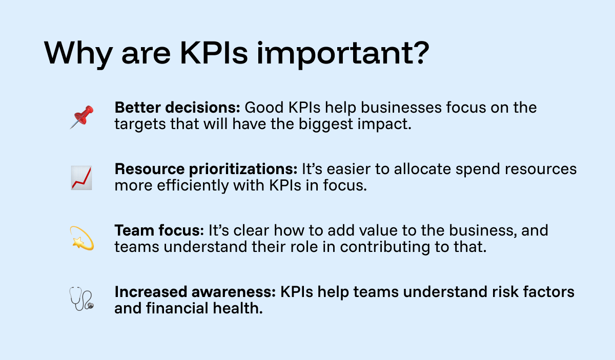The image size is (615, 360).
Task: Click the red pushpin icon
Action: pyautogui.click(x=81, y=116)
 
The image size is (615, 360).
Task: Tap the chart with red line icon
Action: pyautogui.click(x=81, y=178)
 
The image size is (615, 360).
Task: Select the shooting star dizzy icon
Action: pyautogui.click(x=81, y=239)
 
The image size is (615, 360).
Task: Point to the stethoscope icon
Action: pyautogui.click(x=81, y=300)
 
